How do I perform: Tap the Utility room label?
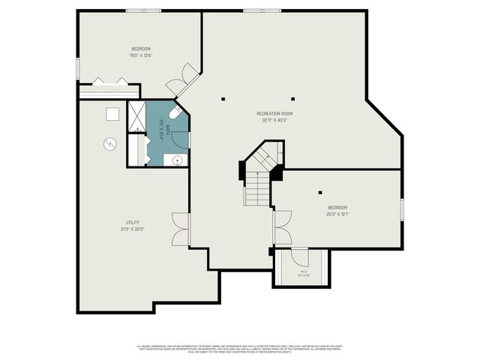click(x=133, y=222)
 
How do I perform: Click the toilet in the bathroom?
click(x=173, y=113)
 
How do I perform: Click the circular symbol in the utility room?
click(x=109, y=143)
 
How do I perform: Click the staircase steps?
click(x=255, y=187)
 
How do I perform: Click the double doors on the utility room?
click(x=180, y=229)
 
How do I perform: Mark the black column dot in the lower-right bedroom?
click(x=320, y=192)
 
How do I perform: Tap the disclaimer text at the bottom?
click(x=239, y=348)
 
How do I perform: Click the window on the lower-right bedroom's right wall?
click(x=402, y=209)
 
